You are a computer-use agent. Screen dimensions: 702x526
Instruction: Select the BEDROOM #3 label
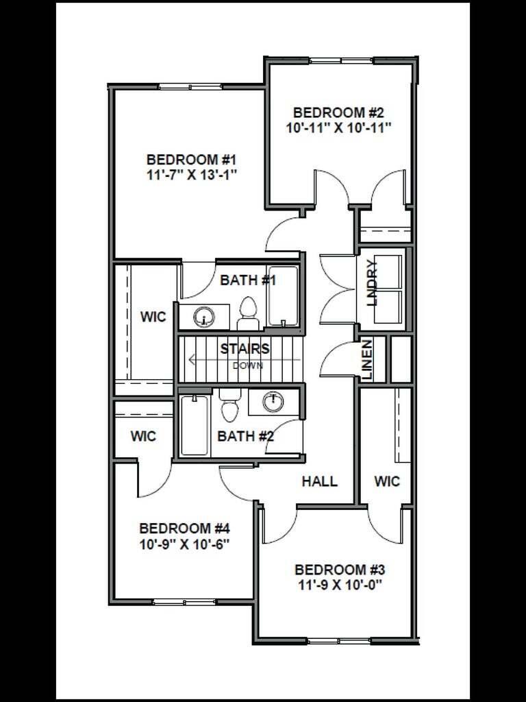pos(340,570)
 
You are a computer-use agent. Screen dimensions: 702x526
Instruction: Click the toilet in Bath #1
pos(248,314)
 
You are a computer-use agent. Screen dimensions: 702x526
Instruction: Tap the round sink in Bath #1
pos(205,317)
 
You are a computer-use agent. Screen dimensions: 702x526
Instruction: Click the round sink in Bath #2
pos(274,401)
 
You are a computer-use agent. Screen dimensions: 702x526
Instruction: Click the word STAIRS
pos(245,348)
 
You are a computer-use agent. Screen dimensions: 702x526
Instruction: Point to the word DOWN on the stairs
pos(247,365)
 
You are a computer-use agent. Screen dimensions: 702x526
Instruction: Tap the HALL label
pos(320,481)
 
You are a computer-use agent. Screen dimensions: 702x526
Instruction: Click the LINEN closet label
pos(367,360)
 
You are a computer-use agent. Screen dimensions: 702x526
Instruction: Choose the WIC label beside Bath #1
pos(153,317)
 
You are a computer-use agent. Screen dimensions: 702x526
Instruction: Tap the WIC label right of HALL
pos(387,481)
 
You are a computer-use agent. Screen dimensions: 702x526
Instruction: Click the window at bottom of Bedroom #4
pos(179,602)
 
